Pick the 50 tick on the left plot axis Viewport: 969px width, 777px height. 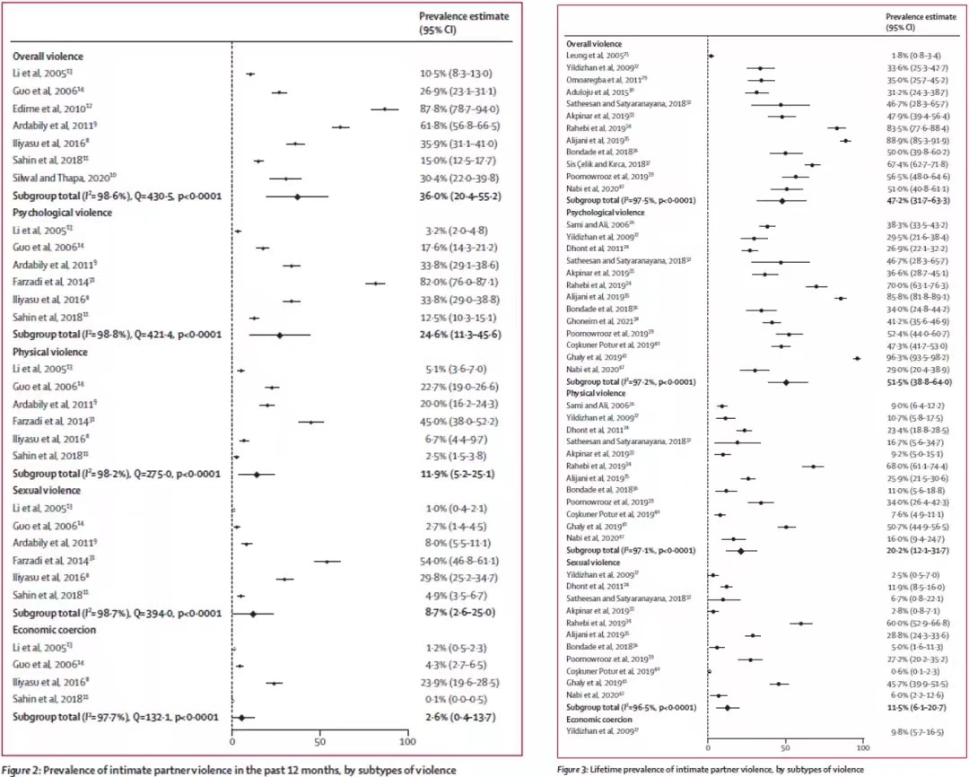[320, 743]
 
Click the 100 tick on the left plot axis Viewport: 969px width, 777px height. [408, 743]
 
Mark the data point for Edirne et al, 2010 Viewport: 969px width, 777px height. [386, 109]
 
